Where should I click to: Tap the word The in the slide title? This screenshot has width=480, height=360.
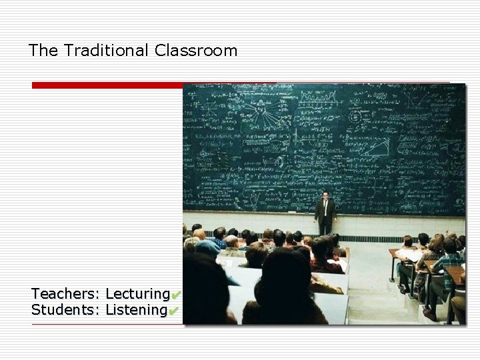[x=44, y=51]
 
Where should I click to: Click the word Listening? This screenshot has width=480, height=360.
[x=136, y=311]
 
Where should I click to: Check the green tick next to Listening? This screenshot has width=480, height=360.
[x=173, y=311]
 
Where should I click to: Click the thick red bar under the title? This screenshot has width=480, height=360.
[x=107, y=85]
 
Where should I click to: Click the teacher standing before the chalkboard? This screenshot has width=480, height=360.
[x=325, y=213]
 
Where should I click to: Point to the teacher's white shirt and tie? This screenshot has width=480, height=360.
[x=325, y=206]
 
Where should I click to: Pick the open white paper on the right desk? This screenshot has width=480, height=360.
[x=408, y=255]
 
